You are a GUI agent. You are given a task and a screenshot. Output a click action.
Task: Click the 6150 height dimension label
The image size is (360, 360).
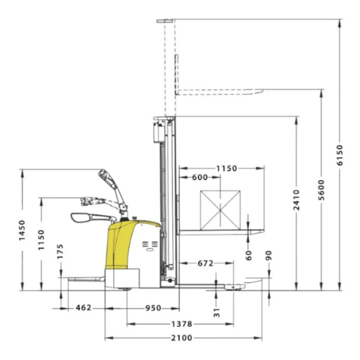[x=340, y=155]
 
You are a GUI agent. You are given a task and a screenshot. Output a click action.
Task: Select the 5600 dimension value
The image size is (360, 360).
[x=322, y=190]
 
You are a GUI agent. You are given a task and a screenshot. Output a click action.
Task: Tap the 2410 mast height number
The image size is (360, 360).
[x=297, y=200]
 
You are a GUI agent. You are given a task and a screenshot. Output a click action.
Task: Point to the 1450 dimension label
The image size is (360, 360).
[x=22, y=230]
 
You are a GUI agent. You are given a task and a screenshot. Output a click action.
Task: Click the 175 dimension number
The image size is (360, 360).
[x=60, y=251]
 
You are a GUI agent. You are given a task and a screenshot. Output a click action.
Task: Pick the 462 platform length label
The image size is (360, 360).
[x=84, y=307]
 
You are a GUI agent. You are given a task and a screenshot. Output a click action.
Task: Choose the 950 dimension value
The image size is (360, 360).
[x=153, y=308]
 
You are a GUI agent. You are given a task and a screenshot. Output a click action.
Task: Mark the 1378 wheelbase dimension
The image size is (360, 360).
[x=181, y=324]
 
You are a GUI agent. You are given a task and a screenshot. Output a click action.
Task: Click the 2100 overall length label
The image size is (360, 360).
[x=181, y=338]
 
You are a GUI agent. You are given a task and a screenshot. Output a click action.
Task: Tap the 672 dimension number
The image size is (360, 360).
[x=205, y=264]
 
